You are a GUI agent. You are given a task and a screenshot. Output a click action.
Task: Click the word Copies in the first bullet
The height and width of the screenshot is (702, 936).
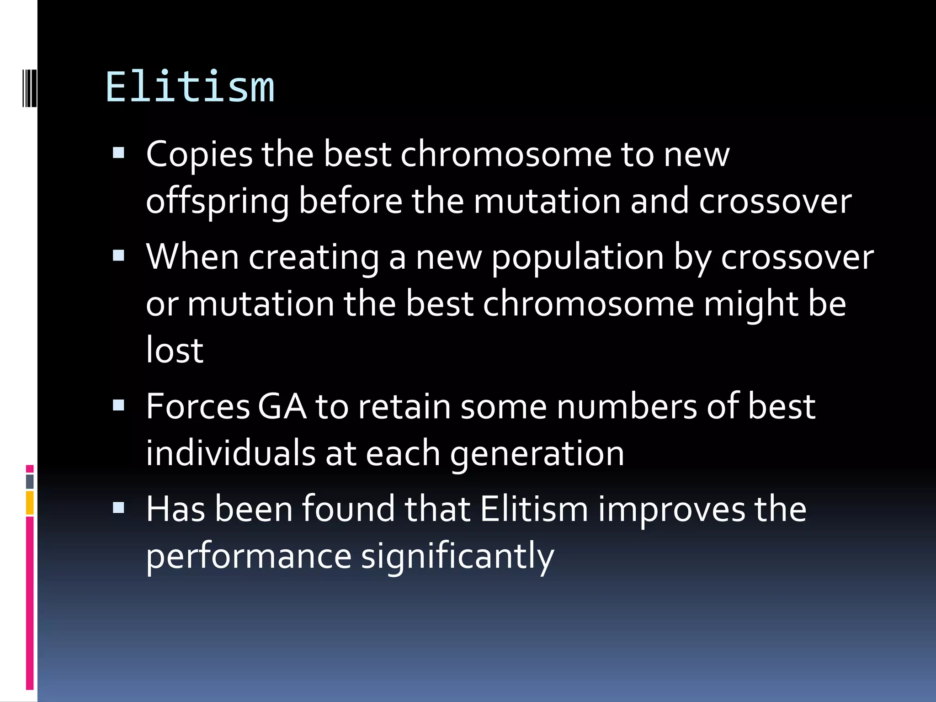199,154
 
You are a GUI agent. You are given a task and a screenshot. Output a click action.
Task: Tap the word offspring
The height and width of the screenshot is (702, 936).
218,202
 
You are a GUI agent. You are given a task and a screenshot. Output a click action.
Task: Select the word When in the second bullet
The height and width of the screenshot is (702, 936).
192,257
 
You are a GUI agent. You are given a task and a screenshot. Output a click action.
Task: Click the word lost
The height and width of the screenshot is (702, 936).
175,351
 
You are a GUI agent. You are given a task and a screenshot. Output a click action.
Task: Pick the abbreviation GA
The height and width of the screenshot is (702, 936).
282,406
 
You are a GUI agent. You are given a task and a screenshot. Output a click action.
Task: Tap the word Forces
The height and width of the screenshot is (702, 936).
198,406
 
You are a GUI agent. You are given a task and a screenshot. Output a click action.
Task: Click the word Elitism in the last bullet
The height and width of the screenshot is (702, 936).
534,509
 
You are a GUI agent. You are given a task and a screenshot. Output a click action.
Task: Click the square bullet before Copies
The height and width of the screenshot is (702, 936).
118,153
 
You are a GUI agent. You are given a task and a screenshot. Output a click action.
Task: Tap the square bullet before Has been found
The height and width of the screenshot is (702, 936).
118,507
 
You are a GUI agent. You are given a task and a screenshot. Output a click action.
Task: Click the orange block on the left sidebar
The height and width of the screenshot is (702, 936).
30,503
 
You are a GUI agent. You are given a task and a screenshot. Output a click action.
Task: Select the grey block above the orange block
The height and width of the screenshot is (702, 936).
30,481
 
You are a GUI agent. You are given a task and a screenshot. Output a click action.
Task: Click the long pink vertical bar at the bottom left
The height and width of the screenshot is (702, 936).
30,603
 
